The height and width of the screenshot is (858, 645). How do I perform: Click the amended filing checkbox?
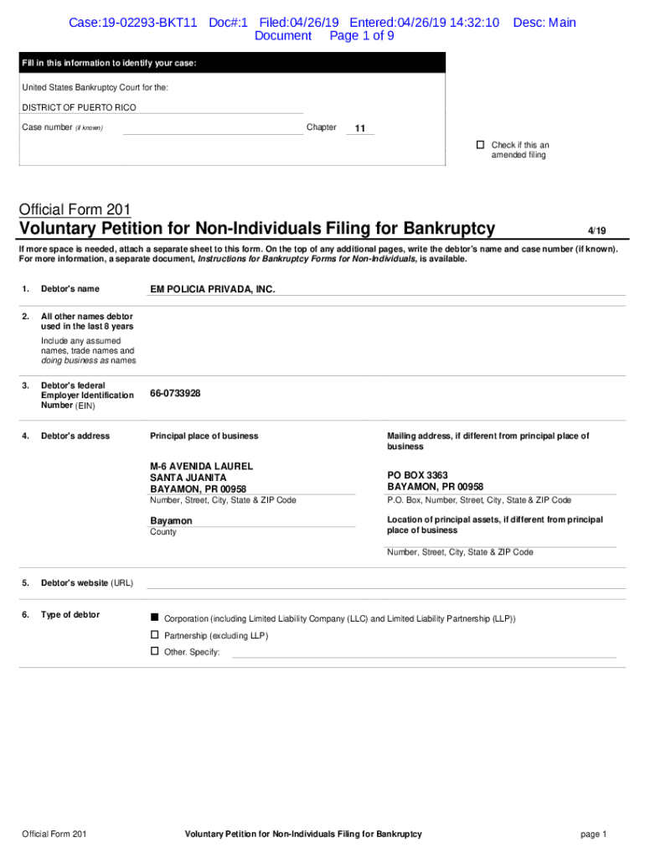pos(481,145)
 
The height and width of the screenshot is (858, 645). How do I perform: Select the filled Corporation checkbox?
pos(154,618)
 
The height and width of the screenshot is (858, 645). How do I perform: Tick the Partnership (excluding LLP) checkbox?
pos(154,635)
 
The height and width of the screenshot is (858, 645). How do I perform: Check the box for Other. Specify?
pos(154,651)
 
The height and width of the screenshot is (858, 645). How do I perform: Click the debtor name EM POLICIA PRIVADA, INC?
pos(213,289)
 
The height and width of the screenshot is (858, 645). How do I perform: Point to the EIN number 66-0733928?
pos(175,393)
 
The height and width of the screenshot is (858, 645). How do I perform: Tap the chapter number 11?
pos(360,128)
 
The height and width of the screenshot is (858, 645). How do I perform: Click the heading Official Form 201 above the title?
pos(75,209)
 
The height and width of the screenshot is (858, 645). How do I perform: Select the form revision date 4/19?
pos(596,230)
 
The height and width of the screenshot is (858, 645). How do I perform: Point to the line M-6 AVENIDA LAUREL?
pos(201,466)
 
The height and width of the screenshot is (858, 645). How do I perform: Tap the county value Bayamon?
pos(171,520)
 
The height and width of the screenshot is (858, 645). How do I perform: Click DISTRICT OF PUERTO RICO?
pos(79,107)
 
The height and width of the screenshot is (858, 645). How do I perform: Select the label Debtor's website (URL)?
pos(87,582)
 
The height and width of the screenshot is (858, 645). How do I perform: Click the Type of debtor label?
pos(70,615)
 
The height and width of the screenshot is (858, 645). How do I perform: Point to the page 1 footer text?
pos(593,834)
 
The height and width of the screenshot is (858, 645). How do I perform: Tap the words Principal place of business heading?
pos(204,436)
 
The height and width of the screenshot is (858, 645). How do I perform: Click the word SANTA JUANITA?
pos(188,478)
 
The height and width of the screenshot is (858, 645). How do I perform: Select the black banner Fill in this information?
pos(233,63)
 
